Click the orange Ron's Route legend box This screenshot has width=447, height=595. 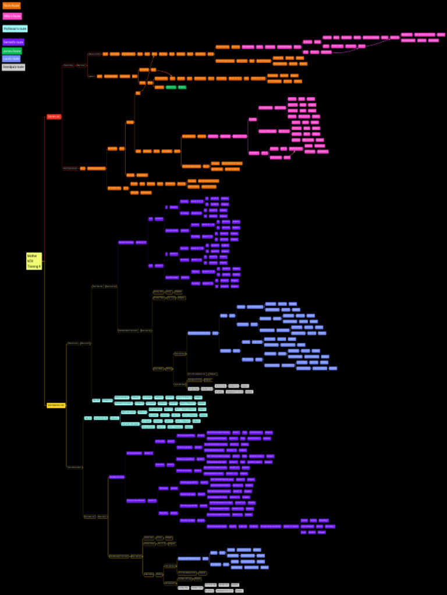[x=12, y=5]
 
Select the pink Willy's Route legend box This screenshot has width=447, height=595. [x=12, y=16]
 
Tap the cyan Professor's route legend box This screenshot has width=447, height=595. [x=15, y=28]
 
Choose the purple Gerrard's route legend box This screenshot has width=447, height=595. [x=13, y=42]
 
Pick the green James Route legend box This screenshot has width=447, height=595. [x=12, y=51]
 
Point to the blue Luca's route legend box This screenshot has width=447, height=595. [x=11, y=59]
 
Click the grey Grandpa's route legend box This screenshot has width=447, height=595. [x=13, y=67]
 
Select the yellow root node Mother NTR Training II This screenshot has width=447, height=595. [x=34, y=261]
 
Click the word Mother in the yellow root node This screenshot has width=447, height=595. [x=32, y=256]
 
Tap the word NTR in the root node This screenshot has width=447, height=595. [x=30, y=261]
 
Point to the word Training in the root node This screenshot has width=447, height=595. [x=33, y=266]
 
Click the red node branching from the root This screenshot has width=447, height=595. [x=54, y=117]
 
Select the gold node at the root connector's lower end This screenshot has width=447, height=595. [x=56, y=405]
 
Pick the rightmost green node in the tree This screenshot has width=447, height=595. [x=182, y=87]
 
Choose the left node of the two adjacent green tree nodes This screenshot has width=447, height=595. [x=171, y=87]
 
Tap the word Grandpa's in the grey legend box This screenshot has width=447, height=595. [x=10, y=67]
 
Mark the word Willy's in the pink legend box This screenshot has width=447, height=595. [x=8, y=16]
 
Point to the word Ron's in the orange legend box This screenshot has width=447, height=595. [x=7, y=5]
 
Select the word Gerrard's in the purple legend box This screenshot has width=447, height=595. [x=9, y=42]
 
